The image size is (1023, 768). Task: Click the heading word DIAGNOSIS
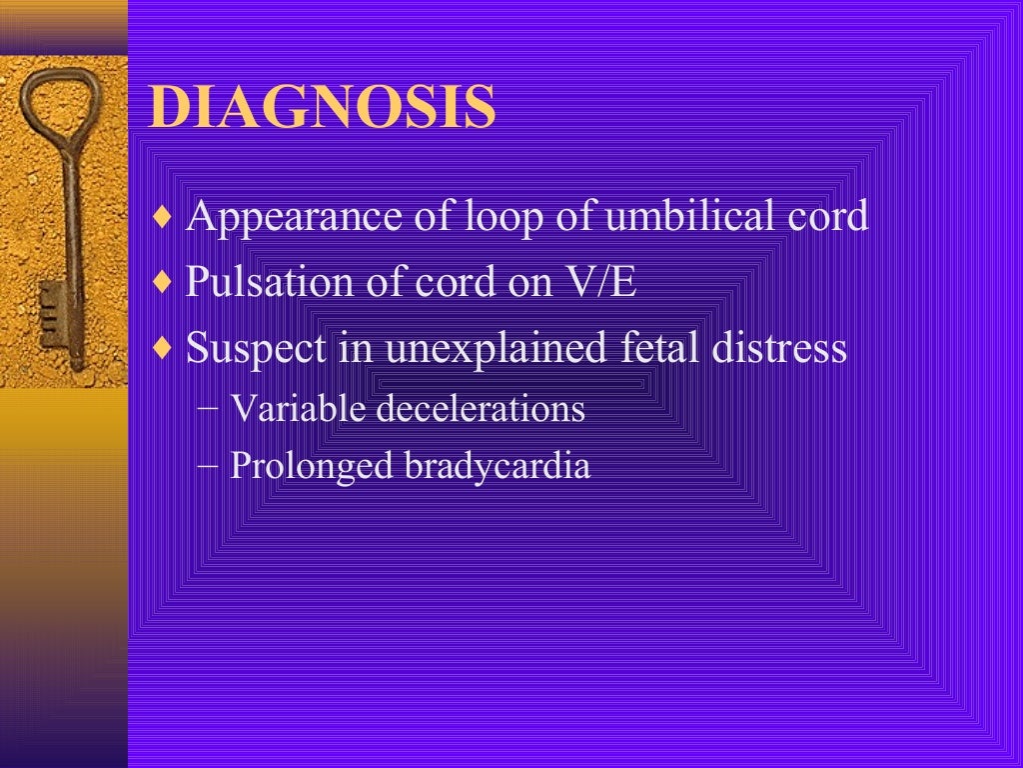click(322, 108)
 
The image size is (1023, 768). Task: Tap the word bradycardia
click(497, 467)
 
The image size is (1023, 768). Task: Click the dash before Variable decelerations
click(211, 410)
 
